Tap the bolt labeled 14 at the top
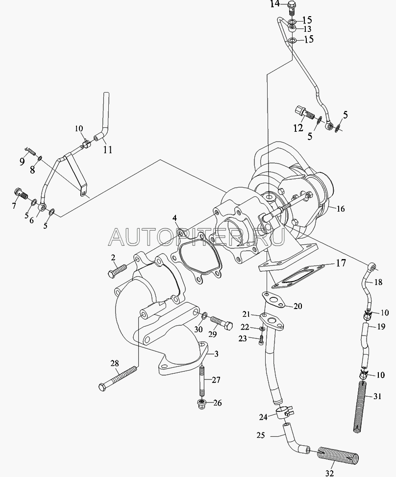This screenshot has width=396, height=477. pos(291,7)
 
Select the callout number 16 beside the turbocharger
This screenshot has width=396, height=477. pos(341,209)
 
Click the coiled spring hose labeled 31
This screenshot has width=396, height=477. pos(362,406)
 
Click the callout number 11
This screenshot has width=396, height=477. pos(107,150)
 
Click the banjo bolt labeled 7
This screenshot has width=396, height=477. pos(22,196)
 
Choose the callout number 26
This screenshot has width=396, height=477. pos(217,403)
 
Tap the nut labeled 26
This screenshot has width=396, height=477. pos(200,404)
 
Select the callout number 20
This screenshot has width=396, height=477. pos(297,307)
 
